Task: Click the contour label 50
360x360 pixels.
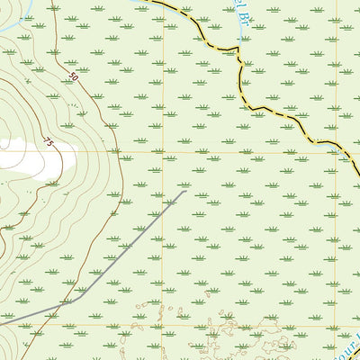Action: pyautogui.click(x=73, y=80)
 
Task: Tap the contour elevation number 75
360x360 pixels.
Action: pyautogui.click(x=48, y=141)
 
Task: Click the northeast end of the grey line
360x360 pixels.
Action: pyautogui.click(x=185, y=191)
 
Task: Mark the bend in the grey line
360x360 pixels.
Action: pyautogui.click(x=69, y=302)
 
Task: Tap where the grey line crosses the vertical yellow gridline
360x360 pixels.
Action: pyautogui.click(x=163, y=212)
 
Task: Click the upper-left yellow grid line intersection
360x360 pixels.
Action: pyautogui.click(x=163, y=150)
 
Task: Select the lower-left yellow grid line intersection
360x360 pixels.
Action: pyautogui.click(x=163, y=326)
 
